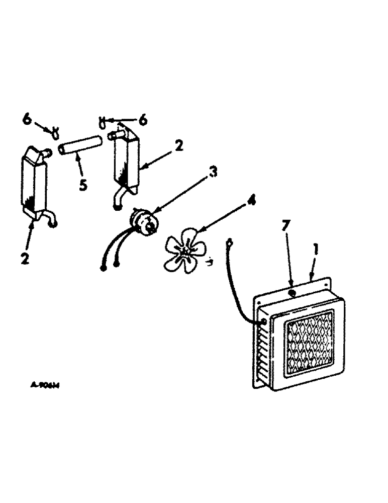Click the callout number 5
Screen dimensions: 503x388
click(x=83, y=184)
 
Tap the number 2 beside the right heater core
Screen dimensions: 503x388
click(x=179, y=146)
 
